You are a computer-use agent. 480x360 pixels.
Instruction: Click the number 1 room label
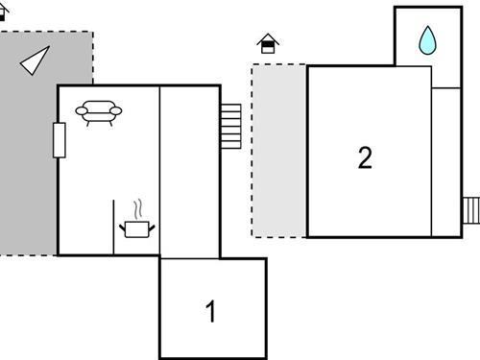tap(211, 311)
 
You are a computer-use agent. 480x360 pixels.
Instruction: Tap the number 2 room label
tap(365, 157)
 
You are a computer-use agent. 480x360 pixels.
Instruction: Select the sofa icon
tap(100, 113)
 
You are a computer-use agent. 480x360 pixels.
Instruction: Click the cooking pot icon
tap(136, 228)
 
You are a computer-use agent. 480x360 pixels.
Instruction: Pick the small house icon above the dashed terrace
tap(269, 43)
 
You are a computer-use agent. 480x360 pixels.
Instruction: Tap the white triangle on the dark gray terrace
tap(35, 60)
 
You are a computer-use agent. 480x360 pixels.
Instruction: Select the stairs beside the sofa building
tap(230, 126)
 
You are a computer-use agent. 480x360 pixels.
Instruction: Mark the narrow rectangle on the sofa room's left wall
tap(60, 140)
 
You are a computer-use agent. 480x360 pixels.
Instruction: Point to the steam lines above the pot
tap(139, 208)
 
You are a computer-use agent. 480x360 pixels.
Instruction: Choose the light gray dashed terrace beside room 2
tap(278, 150)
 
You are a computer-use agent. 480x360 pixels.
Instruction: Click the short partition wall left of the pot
tap(113, 227)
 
